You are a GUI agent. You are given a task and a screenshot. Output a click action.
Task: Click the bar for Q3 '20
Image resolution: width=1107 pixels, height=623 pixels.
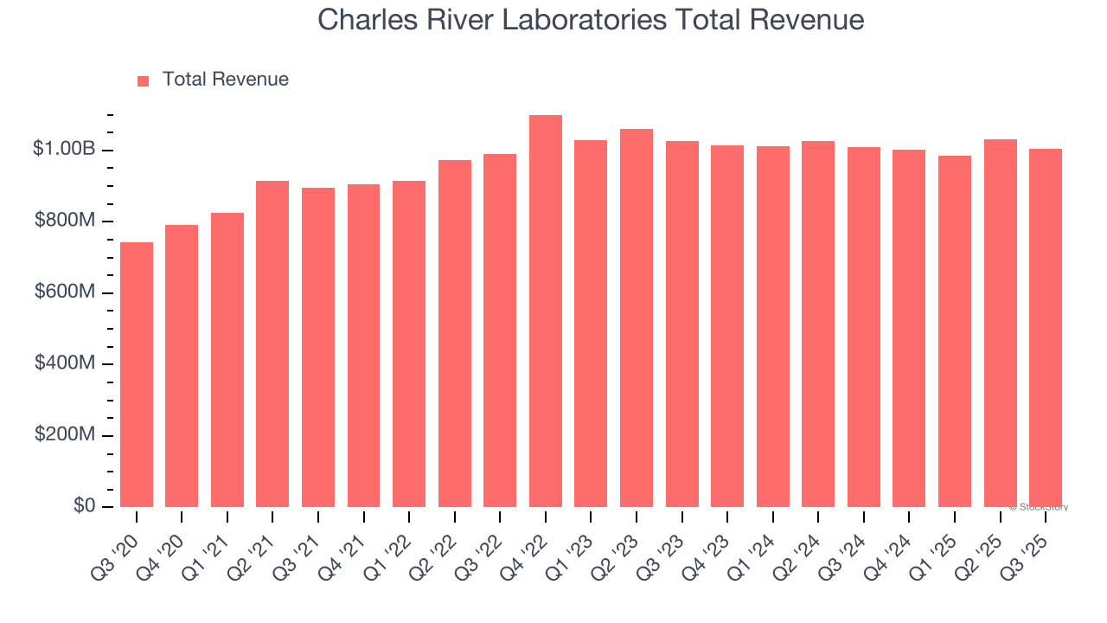click(137, 375)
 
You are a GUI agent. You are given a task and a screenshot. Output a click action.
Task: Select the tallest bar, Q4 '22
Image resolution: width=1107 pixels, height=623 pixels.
click(546, 311)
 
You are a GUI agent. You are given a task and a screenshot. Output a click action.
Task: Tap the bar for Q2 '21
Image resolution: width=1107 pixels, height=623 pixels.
click(272, 344)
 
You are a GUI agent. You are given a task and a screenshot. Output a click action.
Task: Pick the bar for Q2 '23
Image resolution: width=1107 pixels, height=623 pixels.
click(637, 318)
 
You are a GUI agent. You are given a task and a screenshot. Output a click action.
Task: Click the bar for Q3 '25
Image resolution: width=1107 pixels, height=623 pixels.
click(1046, 328)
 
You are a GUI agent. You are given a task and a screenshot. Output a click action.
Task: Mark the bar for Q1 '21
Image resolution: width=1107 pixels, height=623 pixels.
click(227, 360)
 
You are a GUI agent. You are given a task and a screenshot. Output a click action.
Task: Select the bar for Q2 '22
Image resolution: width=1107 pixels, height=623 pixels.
click(455, 334)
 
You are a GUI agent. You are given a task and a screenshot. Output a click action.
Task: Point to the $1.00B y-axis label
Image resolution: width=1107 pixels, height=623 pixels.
click(64, 150)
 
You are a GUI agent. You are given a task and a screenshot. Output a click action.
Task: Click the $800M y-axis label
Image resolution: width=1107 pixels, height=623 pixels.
click(65, 222)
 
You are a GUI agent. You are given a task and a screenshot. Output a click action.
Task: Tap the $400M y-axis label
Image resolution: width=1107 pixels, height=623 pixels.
click(65, 363)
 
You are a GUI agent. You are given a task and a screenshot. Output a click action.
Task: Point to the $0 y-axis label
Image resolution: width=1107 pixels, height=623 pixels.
click(83, 506)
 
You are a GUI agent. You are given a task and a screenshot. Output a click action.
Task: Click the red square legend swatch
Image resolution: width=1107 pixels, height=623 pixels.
click(144, 80)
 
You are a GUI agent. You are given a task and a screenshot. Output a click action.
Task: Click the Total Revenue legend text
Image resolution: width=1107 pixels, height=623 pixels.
click(226, 80)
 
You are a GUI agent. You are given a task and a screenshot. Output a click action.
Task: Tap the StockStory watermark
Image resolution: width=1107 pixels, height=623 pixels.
click(1039, 507)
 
